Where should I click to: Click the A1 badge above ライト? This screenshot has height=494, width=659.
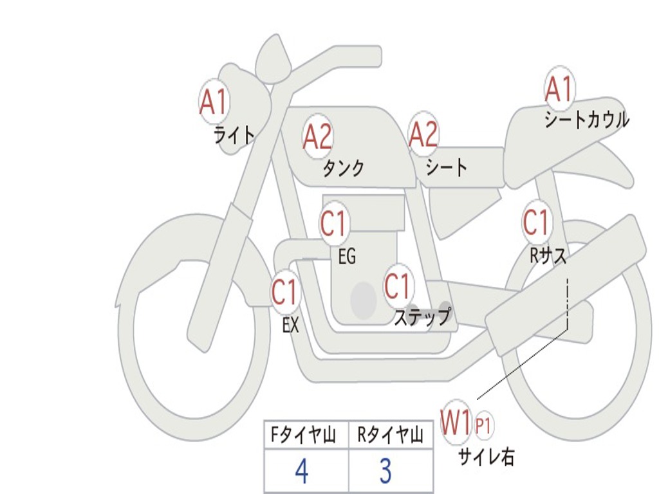tap(214, 100)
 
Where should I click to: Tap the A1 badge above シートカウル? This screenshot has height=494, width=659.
tap(559, 89)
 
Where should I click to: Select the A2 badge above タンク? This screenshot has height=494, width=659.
tap(318, 136)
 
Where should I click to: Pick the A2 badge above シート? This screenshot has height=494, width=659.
tap(424, 134)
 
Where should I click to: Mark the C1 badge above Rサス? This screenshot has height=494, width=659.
tap(536, 222)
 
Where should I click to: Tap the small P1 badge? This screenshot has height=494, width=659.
tap(483, 425)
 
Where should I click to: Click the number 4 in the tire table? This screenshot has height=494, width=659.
tap(302, 471)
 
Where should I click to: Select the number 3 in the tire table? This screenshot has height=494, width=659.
tap(385, 471)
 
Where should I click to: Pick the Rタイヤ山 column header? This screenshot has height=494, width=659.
tap(390, 436)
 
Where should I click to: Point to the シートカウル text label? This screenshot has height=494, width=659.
tap(586, 120)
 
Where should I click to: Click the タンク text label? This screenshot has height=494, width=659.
tap(343, 169)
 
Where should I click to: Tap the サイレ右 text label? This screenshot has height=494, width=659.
tap(486, 457)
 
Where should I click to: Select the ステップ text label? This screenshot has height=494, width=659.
tap(422, 317)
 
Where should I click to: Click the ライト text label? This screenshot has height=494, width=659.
tap(234, 134)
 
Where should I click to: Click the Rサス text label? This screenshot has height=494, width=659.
tap(548, 256)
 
